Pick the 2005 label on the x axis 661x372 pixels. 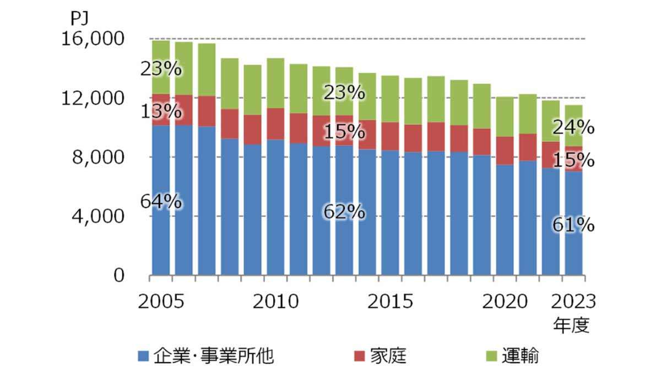coord(160,302)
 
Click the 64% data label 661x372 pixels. coord(161,202)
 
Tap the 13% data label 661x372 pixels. coord(161,111)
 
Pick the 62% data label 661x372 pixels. coord(344,211)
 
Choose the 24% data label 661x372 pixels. coord(573,128)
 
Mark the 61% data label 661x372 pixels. coord(573,225)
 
